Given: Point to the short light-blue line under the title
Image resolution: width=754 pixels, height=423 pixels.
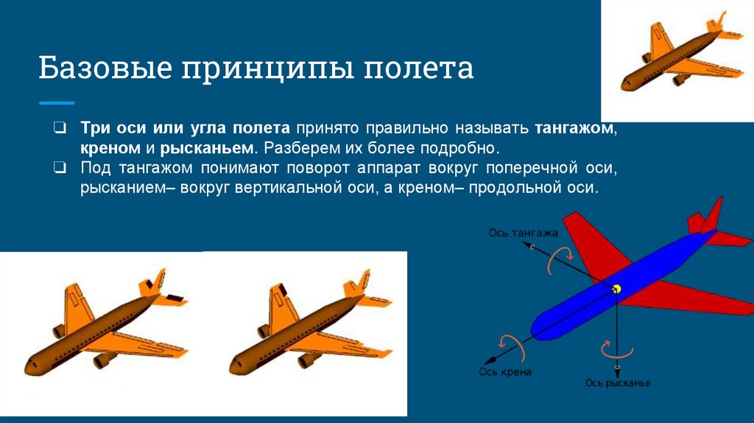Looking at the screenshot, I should [x=57, y=102].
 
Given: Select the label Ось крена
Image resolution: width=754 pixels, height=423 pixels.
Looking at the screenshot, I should [x=505, y=372].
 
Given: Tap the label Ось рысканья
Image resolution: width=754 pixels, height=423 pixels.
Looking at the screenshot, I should [x=618, y=383].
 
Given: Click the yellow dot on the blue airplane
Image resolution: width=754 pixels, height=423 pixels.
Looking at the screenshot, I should [x=617, y=288].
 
